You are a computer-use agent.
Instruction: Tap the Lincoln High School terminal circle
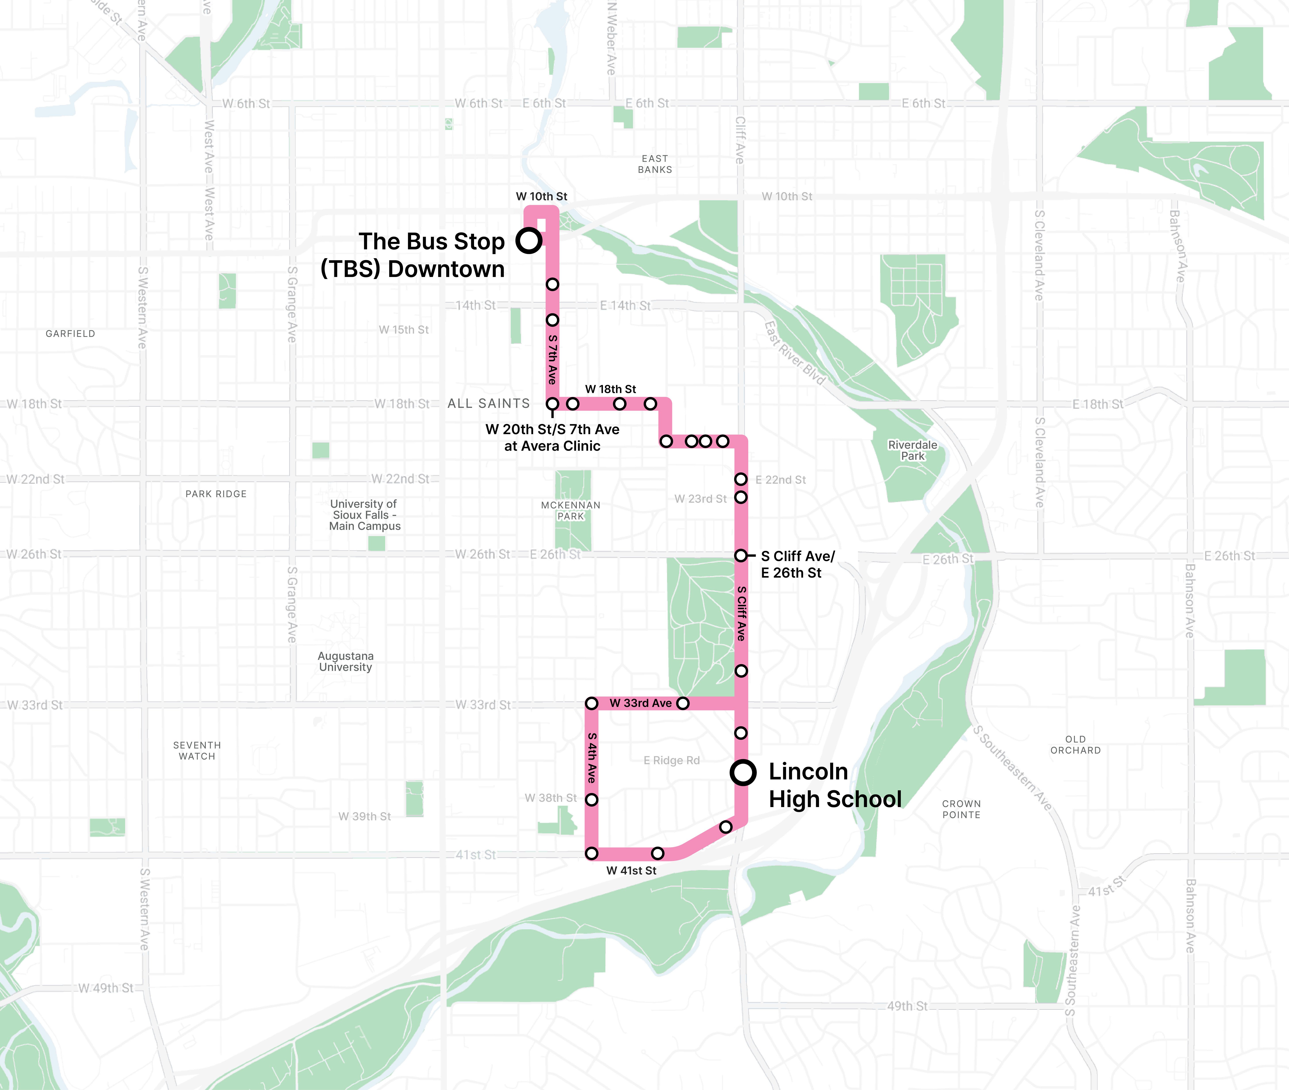[x=743, y=772]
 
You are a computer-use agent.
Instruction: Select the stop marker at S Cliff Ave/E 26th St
[x=741, y=555]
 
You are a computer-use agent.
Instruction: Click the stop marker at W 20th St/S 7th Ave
[x=553, y=404]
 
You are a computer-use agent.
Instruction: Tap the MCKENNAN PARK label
[x=570, y=510]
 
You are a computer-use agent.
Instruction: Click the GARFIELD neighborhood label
[x=71, y=334]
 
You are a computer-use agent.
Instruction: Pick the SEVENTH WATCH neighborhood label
[x=197, y=751]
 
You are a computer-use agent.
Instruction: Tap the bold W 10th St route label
[x=541, y=197]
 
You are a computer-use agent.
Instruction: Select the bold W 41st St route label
[x=631, y=871]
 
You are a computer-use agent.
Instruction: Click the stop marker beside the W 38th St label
[x=591, y=800]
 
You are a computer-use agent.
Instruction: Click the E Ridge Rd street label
[x=672, y=761]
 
